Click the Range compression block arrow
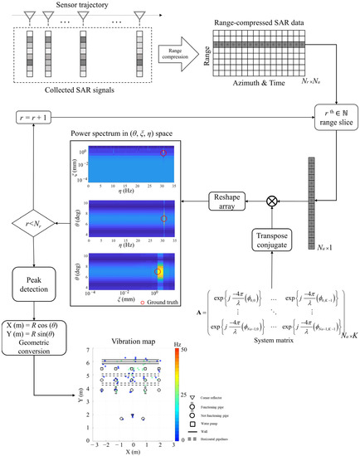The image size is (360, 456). click(x=172, y=51)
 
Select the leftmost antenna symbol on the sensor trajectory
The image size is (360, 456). click(x=28, y=18)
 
